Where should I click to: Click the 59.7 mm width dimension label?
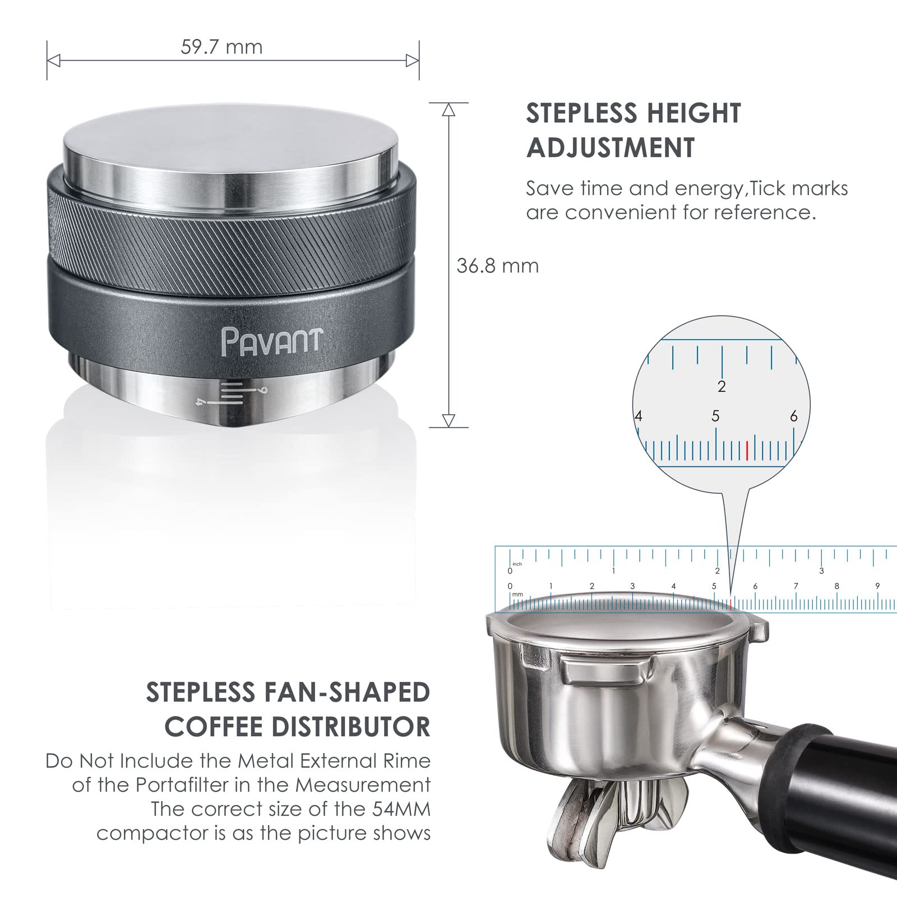point(221,47)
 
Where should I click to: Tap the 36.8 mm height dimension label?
point(497,266)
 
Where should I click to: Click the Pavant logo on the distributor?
point(272,340)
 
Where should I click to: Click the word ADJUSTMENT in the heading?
point(611,148)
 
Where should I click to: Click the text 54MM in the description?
point(401,809)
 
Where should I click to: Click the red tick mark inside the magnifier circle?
point(747,450)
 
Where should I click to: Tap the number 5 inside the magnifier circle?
point(715,417)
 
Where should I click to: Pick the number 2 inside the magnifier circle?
point(722,386)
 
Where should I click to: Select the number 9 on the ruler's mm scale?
point(877,586)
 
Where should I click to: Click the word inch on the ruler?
point(517,564)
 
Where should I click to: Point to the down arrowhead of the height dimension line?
point(449,420)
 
